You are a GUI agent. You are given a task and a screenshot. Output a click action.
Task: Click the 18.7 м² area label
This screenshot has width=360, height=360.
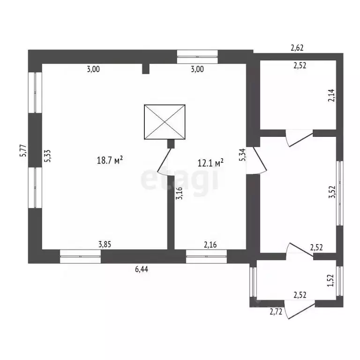pyautogui.click(x=110, y=160)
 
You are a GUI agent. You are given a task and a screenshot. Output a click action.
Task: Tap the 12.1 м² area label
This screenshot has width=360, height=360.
pyautogui.click(x=210, y=163)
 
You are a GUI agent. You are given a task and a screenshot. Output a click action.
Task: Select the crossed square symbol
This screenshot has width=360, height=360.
pyautogui.click(x=165, y=122)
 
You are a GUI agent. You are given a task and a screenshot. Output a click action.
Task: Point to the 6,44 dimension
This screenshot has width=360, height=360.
pyautogui.click(x=142, y=269)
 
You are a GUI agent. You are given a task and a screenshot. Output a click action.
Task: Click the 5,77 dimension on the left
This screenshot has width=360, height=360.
pyautogui.click(x=23, y=150)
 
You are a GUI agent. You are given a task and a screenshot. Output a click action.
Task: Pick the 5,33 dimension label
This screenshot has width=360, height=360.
pyautogui.click(x=48, y=156)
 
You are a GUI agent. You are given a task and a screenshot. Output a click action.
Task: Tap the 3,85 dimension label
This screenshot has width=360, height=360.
pyautogui.click(x=105, y=245)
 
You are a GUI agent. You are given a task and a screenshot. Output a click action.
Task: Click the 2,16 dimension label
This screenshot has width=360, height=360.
pyautogui.click(x=210, y=245)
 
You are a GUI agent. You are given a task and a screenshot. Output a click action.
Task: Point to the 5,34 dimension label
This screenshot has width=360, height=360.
pyautogui.click(x=242, y=155)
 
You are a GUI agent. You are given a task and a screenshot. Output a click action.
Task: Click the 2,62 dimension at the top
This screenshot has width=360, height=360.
pyautogui.click(x=297, y=48)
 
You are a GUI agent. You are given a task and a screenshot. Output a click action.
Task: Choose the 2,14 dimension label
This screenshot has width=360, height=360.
pyautogui.click(x=331, y=95)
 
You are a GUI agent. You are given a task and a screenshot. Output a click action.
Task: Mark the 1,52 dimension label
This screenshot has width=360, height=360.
pyautogui.click(x=330, y=280)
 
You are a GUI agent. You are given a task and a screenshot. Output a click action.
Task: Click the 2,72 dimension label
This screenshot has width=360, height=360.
pyautogui.click(x=276, y=312)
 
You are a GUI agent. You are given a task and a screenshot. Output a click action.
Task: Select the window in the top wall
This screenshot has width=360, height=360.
pyautogui.click(x=197, y=56)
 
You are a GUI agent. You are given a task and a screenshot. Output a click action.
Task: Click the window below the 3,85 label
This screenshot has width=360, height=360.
pyautogui.click(x=80, y=256)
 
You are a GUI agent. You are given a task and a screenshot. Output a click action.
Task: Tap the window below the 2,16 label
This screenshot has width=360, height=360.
pyautogui.click(x=206, y=256)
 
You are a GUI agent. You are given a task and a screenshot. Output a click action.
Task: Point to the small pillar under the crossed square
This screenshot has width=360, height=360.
pyautogui.click(x=171, y=144)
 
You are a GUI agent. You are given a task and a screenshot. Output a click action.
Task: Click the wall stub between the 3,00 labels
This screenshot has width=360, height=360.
pyautogui.click(x=146, y=68)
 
